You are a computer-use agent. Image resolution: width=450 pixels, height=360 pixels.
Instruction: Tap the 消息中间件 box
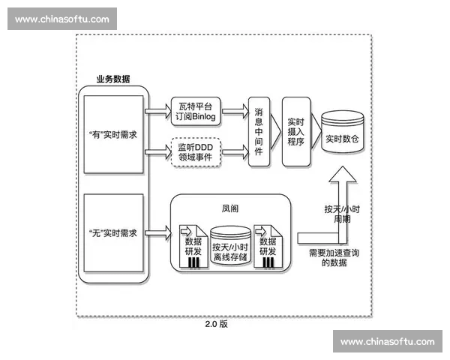[259, 130]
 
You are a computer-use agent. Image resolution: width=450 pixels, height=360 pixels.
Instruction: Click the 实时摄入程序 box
[295, 130]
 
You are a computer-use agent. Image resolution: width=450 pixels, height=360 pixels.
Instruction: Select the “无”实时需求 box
[113, 233]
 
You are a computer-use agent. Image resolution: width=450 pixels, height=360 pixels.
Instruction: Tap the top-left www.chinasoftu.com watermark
[62, 19]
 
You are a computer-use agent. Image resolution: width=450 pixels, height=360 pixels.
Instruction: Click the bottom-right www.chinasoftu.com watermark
[387, 341]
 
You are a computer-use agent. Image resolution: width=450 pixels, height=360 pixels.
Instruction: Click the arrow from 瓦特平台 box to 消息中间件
[235, 111]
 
